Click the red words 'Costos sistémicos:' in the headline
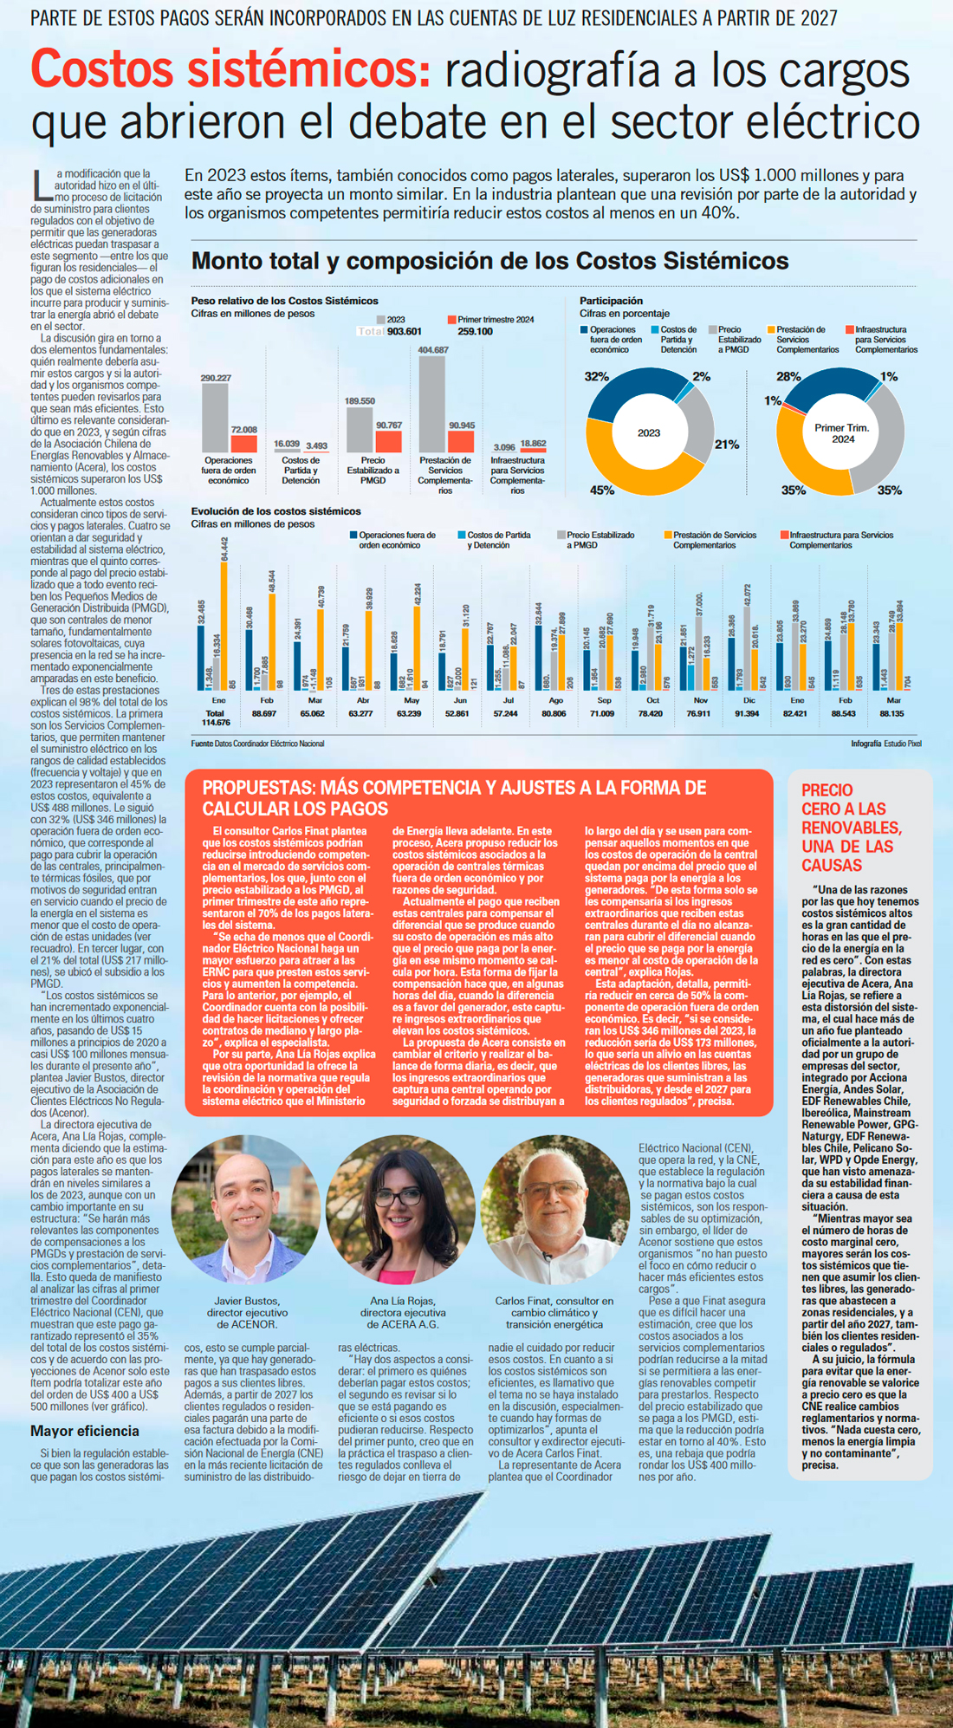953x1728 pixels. pos(230,69)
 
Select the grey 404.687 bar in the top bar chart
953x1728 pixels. pos(431,403)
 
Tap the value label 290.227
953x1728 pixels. pos(216,379)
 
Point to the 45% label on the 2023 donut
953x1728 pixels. pos(602,490)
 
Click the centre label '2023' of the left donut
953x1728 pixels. pos(649,432)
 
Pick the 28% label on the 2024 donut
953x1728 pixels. pos(788,377)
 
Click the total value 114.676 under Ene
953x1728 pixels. pos(216,722)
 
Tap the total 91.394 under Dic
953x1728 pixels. pos(747,713)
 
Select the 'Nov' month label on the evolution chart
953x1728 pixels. pos(701,700)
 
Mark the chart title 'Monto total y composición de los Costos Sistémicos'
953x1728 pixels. pos(489,261)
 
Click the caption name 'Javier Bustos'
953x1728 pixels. pos(247,1301)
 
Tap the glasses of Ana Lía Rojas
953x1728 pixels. pos(398,1199)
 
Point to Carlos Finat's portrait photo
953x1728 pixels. pos(554,1210)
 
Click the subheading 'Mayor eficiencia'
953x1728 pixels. pos(85,1431)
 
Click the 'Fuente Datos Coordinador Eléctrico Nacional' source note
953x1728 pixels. pos(257,744)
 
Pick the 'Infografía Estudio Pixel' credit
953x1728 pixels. pos(885,744)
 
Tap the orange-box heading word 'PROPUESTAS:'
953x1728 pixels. pos(259,788)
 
